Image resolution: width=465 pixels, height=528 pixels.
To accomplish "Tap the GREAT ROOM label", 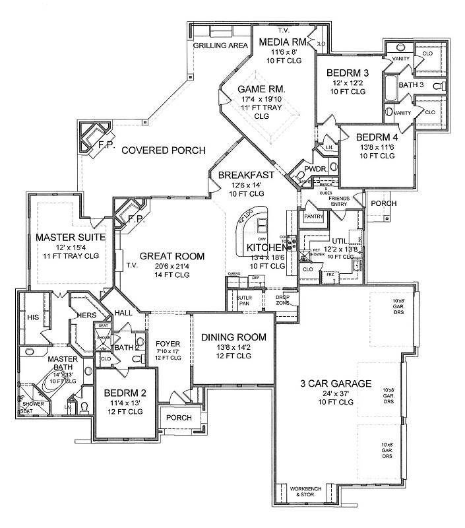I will [x=171, y=256].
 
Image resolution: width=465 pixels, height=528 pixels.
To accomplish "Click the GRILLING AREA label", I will [x=220, y=46].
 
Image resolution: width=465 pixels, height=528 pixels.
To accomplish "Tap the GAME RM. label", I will [x=263, y=89].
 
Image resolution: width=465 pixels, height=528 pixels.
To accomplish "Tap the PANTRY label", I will [x=311, y=216].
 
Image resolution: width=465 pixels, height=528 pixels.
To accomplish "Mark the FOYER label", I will [x=168, y=343].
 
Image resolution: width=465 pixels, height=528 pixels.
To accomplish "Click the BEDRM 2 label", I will [x=125, y=395].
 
